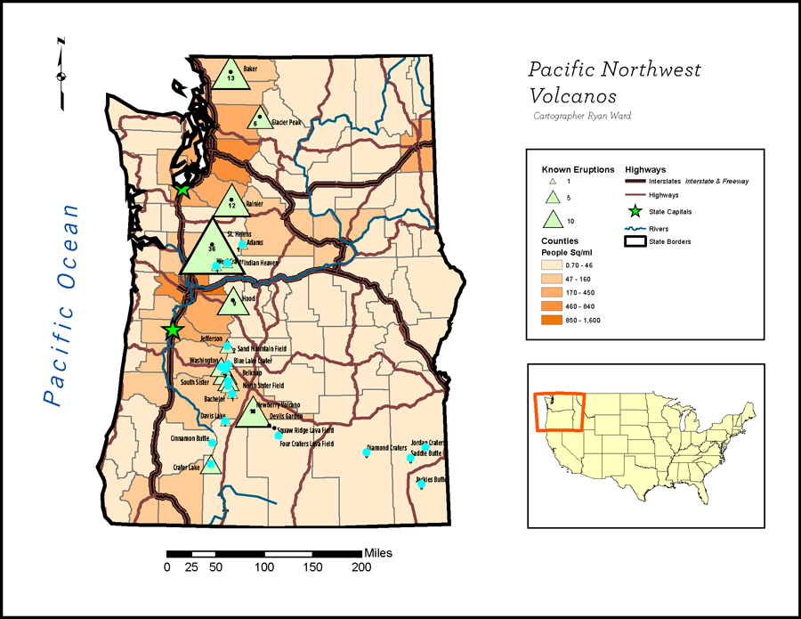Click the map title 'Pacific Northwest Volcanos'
(x=614, y=82)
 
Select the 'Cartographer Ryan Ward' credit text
(x=582, y=116)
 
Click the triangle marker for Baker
(x=231, y=75)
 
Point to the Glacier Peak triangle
(x=259, y=118)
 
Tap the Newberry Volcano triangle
(x=254, y=411)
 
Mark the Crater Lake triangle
(x=211, y=464)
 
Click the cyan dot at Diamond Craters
(x=366, y=452)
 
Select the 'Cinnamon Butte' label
(x=190, y=439)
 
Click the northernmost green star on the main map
(x=182, y=191)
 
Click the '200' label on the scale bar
(x=360, y=567)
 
